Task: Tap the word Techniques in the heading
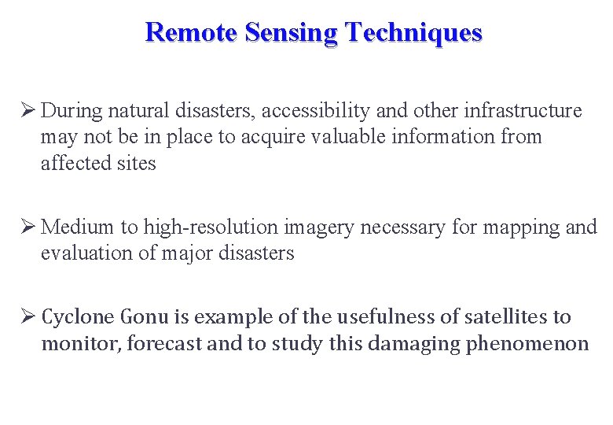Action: click(x=414, y=32)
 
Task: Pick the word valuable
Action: click(x=348, y=137)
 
